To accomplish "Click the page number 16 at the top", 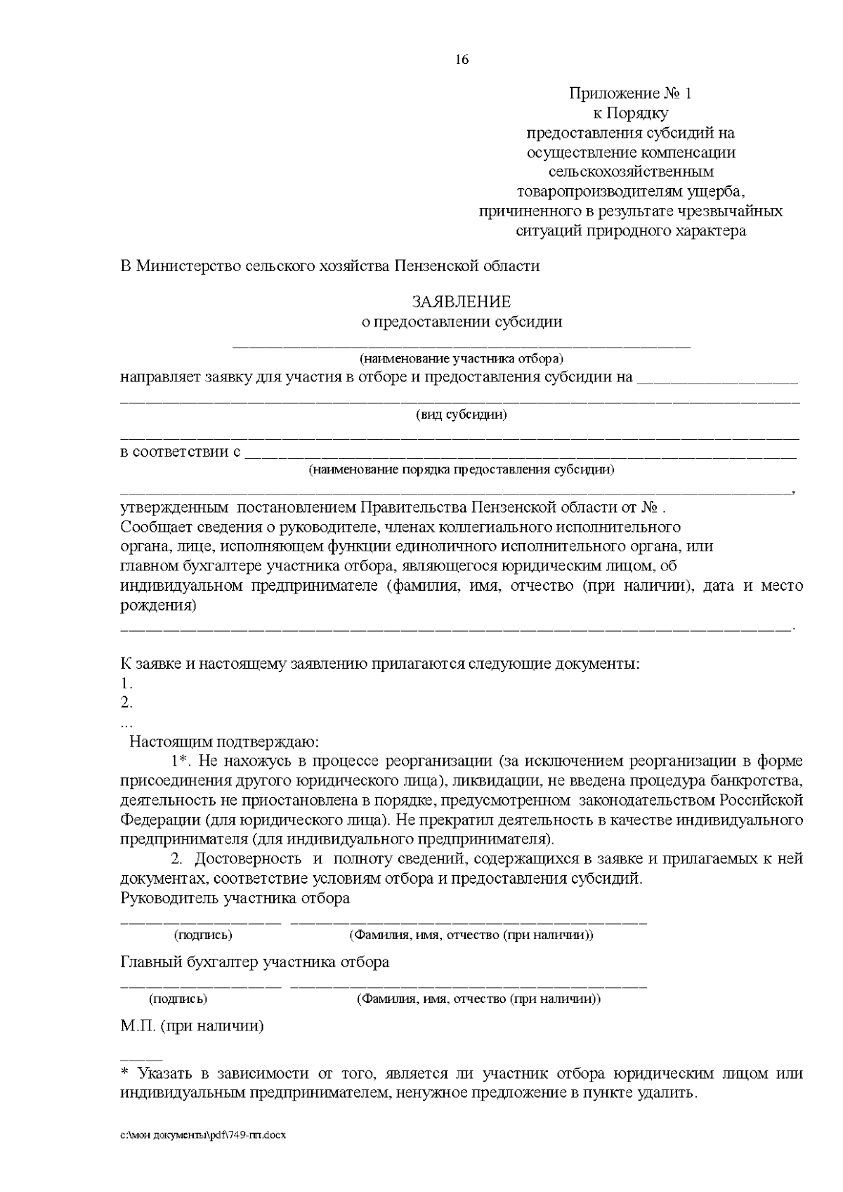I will pyautogui.click(x=462, y=60).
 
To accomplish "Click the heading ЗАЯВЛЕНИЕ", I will pyautogui.click(x=462, y=302).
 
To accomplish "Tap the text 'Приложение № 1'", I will pyautogui.click(x=630, y=93).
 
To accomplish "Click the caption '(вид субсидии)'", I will pyautogui.click(x=462, y=414).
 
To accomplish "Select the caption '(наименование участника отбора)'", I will pyautogui.click(x=462, y=359).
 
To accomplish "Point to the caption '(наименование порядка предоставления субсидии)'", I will pyautogui.click(x=462, y=469).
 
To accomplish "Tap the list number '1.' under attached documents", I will pyautogui.click(x=126, y=683).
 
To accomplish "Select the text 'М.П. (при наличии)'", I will pyautogui.click(x=192, y=1026).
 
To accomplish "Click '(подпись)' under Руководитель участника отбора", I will pyautogui.click(x=203, y=935).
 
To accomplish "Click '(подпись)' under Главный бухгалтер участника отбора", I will pyautogui.click(x=178, y=998).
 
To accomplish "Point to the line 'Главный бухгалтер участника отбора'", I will pyautogui.click(x=255, y=962).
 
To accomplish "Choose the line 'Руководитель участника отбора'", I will pyautogui.click(x=235, y=898).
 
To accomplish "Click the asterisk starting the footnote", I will pyautogui.click(x=126, y=1073).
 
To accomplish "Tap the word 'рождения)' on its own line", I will pyautogui.click(x=158, y=605).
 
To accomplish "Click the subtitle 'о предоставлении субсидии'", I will pyautogui.click(x=462, y=322).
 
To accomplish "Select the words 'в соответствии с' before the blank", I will pyautogui.click(x=181, y=452).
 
